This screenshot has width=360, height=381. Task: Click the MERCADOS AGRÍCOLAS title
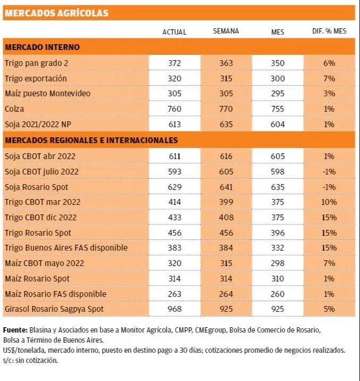point(56,13)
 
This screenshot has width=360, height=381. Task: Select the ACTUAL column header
point(174,32)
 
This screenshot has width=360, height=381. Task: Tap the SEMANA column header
point(226,31)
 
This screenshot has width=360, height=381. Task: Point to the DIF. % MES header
point(329,31)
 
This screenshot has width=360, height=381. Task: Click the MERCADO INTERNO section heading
point(43,47)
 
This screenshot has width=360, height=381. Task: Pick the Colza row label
point(14,109)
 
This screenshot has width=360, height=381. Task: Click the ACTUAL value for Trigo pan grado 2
point(174,63)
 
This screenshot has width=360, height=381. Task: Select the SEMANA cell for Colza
point(226,109)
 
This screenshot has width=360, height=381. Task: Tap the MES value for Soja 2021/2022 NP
point(278,125)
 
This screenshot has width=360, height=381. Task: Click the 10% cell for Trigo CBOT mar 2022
point(329,202)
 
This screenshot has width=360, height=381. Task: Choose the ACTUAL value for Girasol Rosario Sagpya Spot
point(174,309)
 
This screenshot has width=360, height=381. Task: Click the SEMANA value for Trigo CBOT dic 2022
point(226,218)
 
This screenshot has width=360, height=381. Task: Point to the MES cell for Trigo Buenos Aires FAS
point(278,248)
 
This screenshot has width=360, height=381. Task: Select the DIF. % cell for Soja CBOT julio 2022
point(329,171)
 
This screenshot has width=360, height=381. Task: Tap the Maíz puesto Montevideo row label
point(48,94)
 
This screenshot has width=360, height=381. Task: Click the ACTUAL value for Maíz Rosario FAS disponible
point(174,294)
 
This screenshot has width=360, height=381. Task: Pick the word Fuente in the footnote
point(15,330)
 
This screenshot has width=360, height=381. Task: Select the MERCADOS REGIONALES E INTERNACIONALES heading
point(91,140)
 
